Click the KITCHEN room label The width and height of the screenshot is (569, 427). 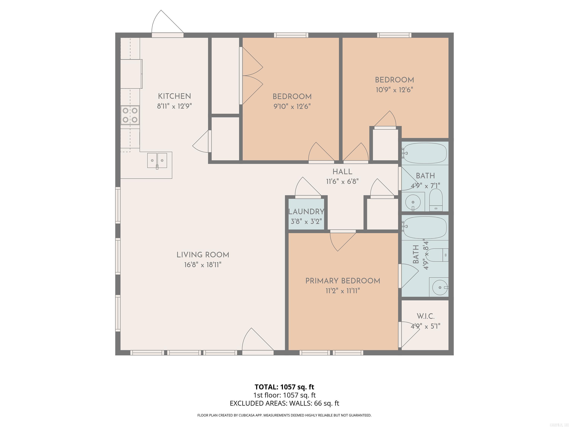click(174, 96)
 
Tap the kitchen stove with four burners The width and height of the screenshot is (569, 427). click(130, 115)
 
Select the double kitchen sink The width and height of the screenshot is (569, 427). click(157, 160)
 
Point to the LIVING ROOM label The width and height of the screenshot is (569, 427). click(203, 255)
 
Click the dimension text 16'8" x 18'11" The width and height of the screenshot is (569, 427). click(203, 265)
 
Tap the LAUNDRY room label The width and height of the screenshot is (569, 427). click(306, 212)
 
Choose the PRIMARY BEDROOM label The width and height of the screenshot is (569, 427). click(343, 281)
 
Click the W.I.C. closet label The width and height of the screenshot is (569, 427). click(425, 316)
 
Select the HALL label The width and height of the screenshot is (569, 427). click(342, 172)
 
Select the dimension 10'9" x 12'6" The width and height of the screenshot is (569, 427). click(394, 90)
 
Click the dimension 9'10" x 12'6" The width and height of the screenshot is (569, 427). click(292, 106)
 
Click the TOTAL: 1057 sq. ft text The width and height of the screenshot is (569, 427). click(284, 387)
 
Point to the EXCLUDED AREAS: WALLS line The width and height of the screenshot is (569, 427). click(284, 403)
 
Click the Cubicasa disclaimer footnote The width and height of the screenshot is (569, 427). click(284, 415)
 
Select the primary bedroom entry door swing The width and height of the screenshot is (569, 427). click(341, 241)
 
